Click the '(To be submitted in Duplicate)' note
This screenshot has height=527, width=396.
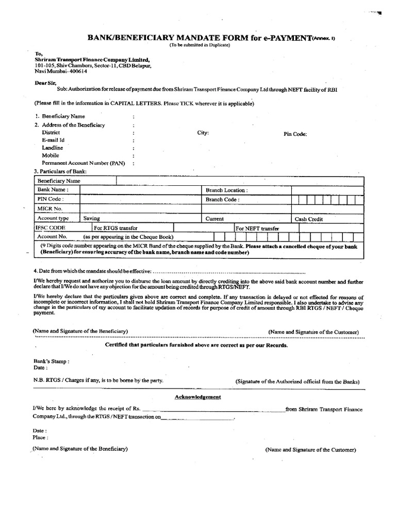click(200, 45)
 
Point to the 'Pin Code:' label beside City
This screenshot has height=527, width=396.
click(295, 134)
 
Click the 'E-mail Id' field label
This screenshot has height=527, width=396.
click(53, 140)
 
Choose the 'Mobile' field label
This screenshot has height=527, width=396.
click(51, 155)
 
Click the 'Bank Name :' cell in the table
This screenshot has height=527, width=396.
click(52, 190)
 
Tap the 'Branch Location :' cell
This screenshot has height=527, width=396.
click(226, 190)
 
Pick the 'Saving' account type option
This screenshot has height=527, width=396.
click(92, 218)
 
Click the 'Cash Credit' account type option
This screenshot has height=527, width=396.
click(308, 219)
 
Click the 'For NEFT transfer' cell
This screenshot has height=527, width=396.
click(257, 228)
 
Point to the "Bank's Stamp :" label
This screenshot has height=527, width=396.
click(51, 361)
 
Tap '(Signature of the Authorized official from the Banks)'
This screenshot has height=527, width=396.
click(298, 381)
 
